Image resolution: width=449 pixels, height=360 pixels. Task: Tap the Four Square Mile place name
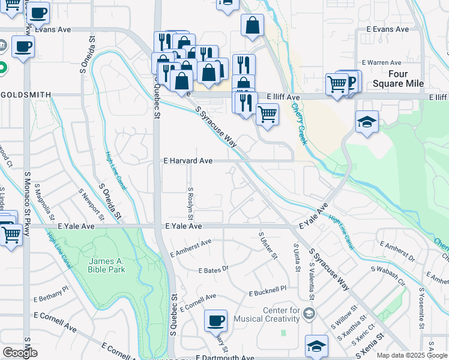[398, 79]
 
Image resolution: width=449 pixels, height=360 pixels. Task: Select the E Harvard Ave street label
[188, 161]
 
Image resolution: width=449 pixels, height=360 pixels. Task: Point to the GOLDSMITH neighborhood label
[26, 95]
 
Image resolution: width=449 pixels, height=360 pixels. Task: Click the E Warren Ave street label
[381, 62]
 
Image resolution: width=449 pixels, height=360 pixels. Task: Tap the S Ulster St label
[267, 246]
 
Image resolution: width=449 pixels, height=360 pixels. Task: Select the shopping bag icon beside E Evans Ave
[253, 25]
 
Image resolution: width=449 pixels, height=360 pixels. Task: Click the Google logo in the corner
[20, 353]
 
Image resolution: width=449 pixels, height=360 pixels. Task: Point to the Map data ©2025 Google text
[411, 355]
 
